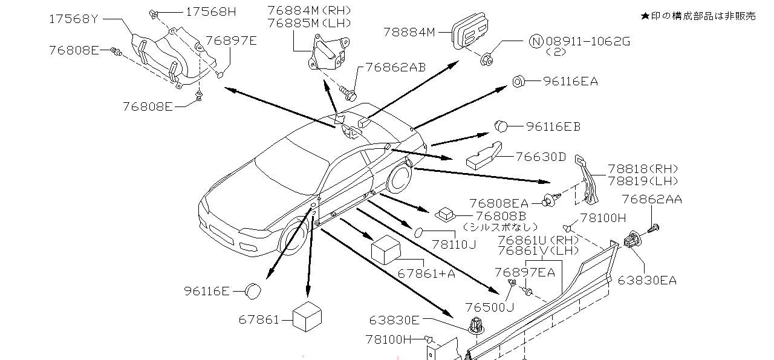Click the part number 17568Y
click(x=73, y=19)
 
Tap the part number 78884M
click(x=409, y=31)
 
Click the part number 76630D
click(x=541, y=157)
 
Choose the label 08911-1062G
click(x=588, y=41)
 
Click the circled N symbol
click(x=536, y=41)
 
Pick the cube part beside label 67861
click(x=307, y=316)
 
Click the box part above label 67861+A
click(x=387, y=249)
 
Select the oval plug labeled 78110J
click(x=419, y=232)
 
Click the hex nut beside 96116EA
click(x=518, y=82)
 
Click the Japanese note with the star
click(x=698, y=16)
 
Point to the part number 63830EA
click(x=647, y=280)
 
